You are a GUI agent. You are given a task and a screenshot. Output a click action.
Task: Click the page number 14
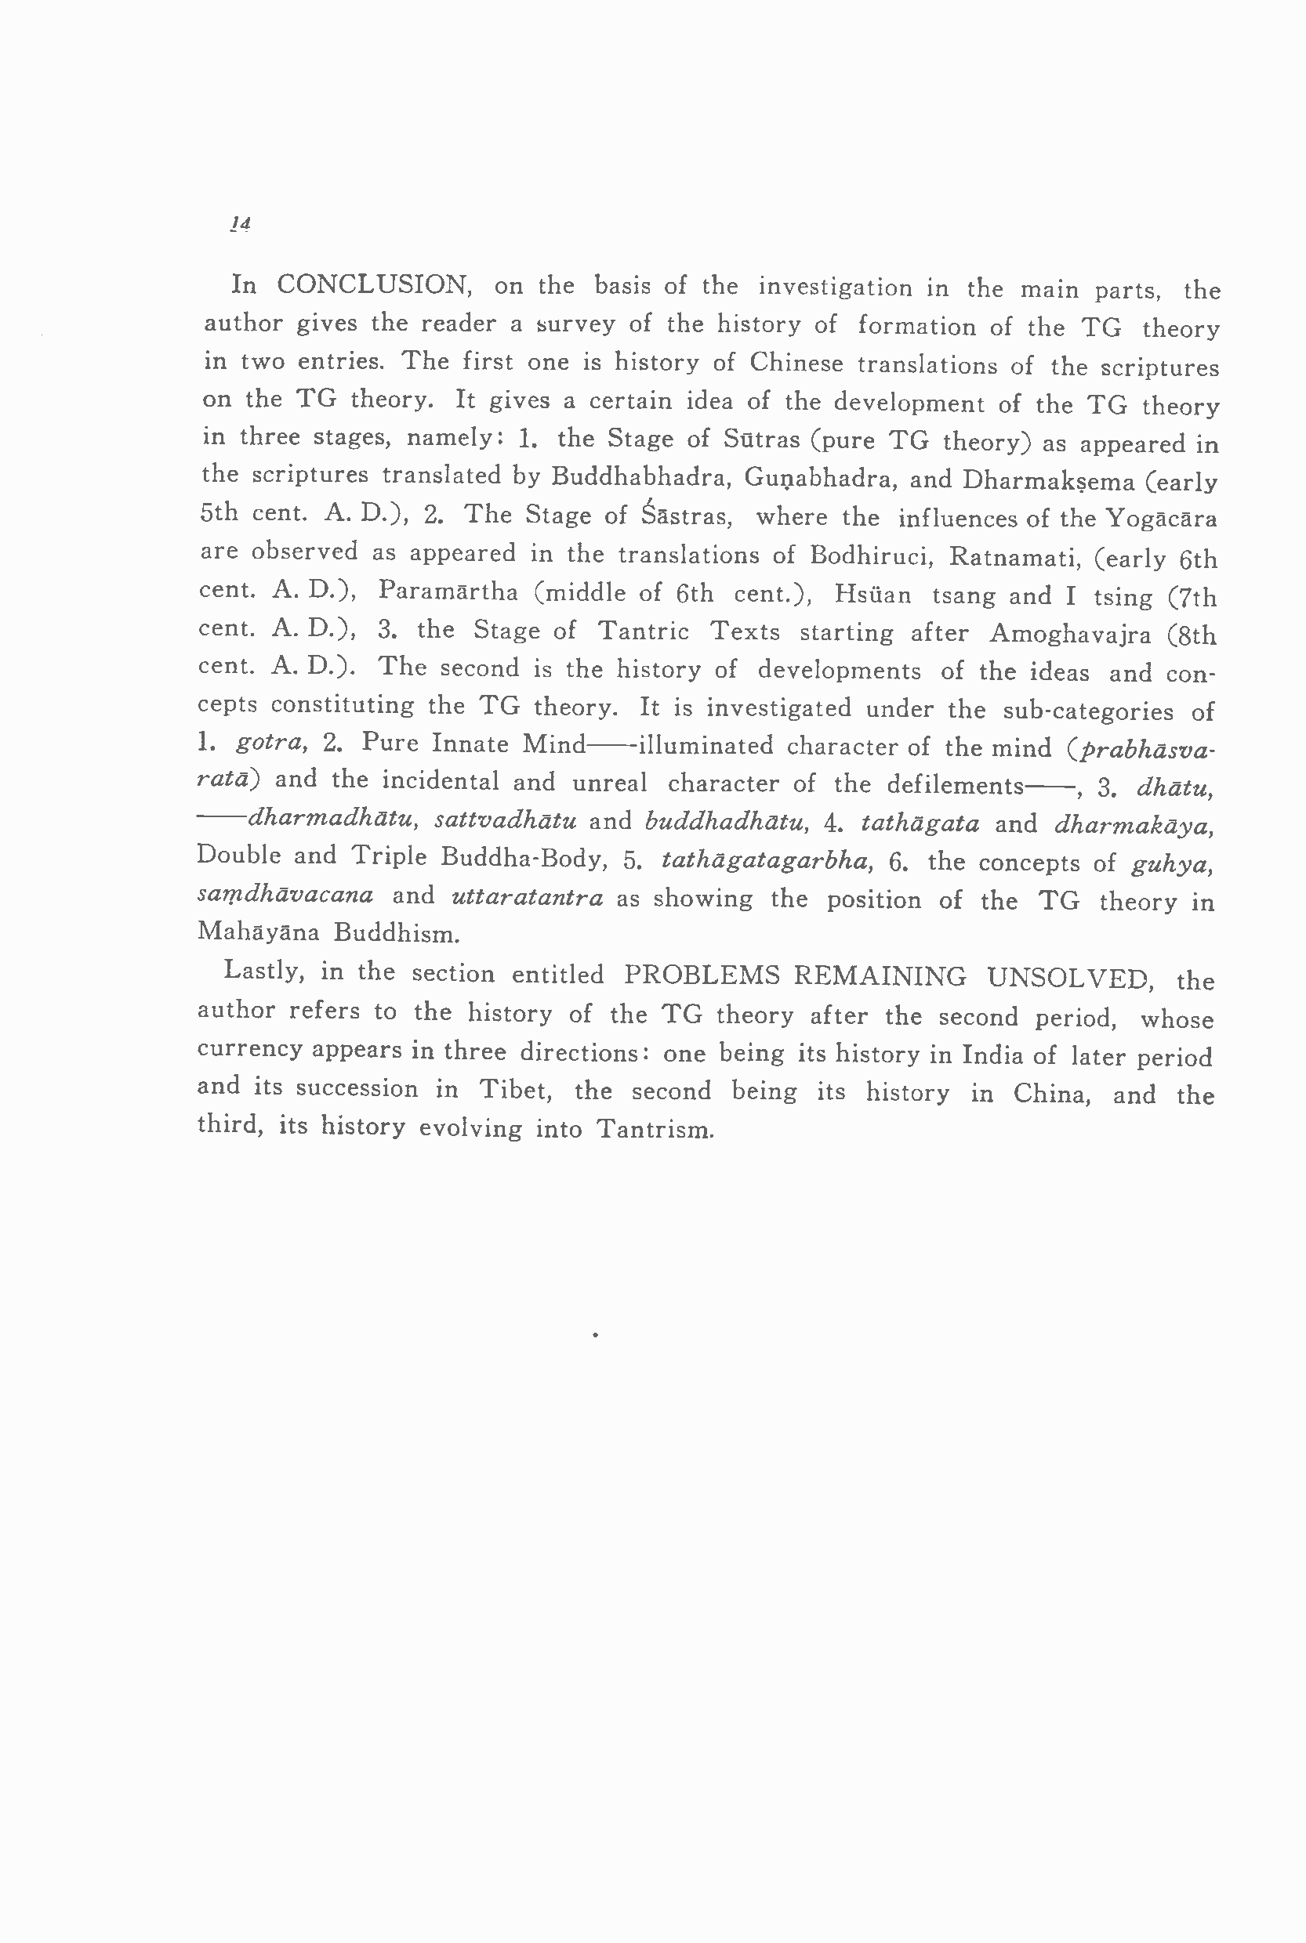(x=241, y=224)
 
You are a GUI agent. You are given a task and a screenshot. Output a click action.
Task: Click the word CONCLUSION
(x=373, y=284)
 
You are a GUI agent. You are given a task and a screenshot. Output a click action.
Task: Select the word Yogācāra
(x=1161, y=519)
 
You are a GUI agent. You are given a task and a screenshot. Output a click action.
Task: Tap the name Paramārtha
(x=448, y=591)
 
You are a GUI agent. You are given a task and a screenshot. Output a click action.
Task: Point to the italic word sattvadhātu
(x=506, y=821)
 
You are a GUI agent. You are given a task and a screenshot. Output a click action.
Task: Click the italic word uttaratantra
(x=528, y=897)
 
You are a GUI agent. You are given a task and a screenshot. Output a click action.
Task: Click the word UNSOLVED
(x=1070, y=977)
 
